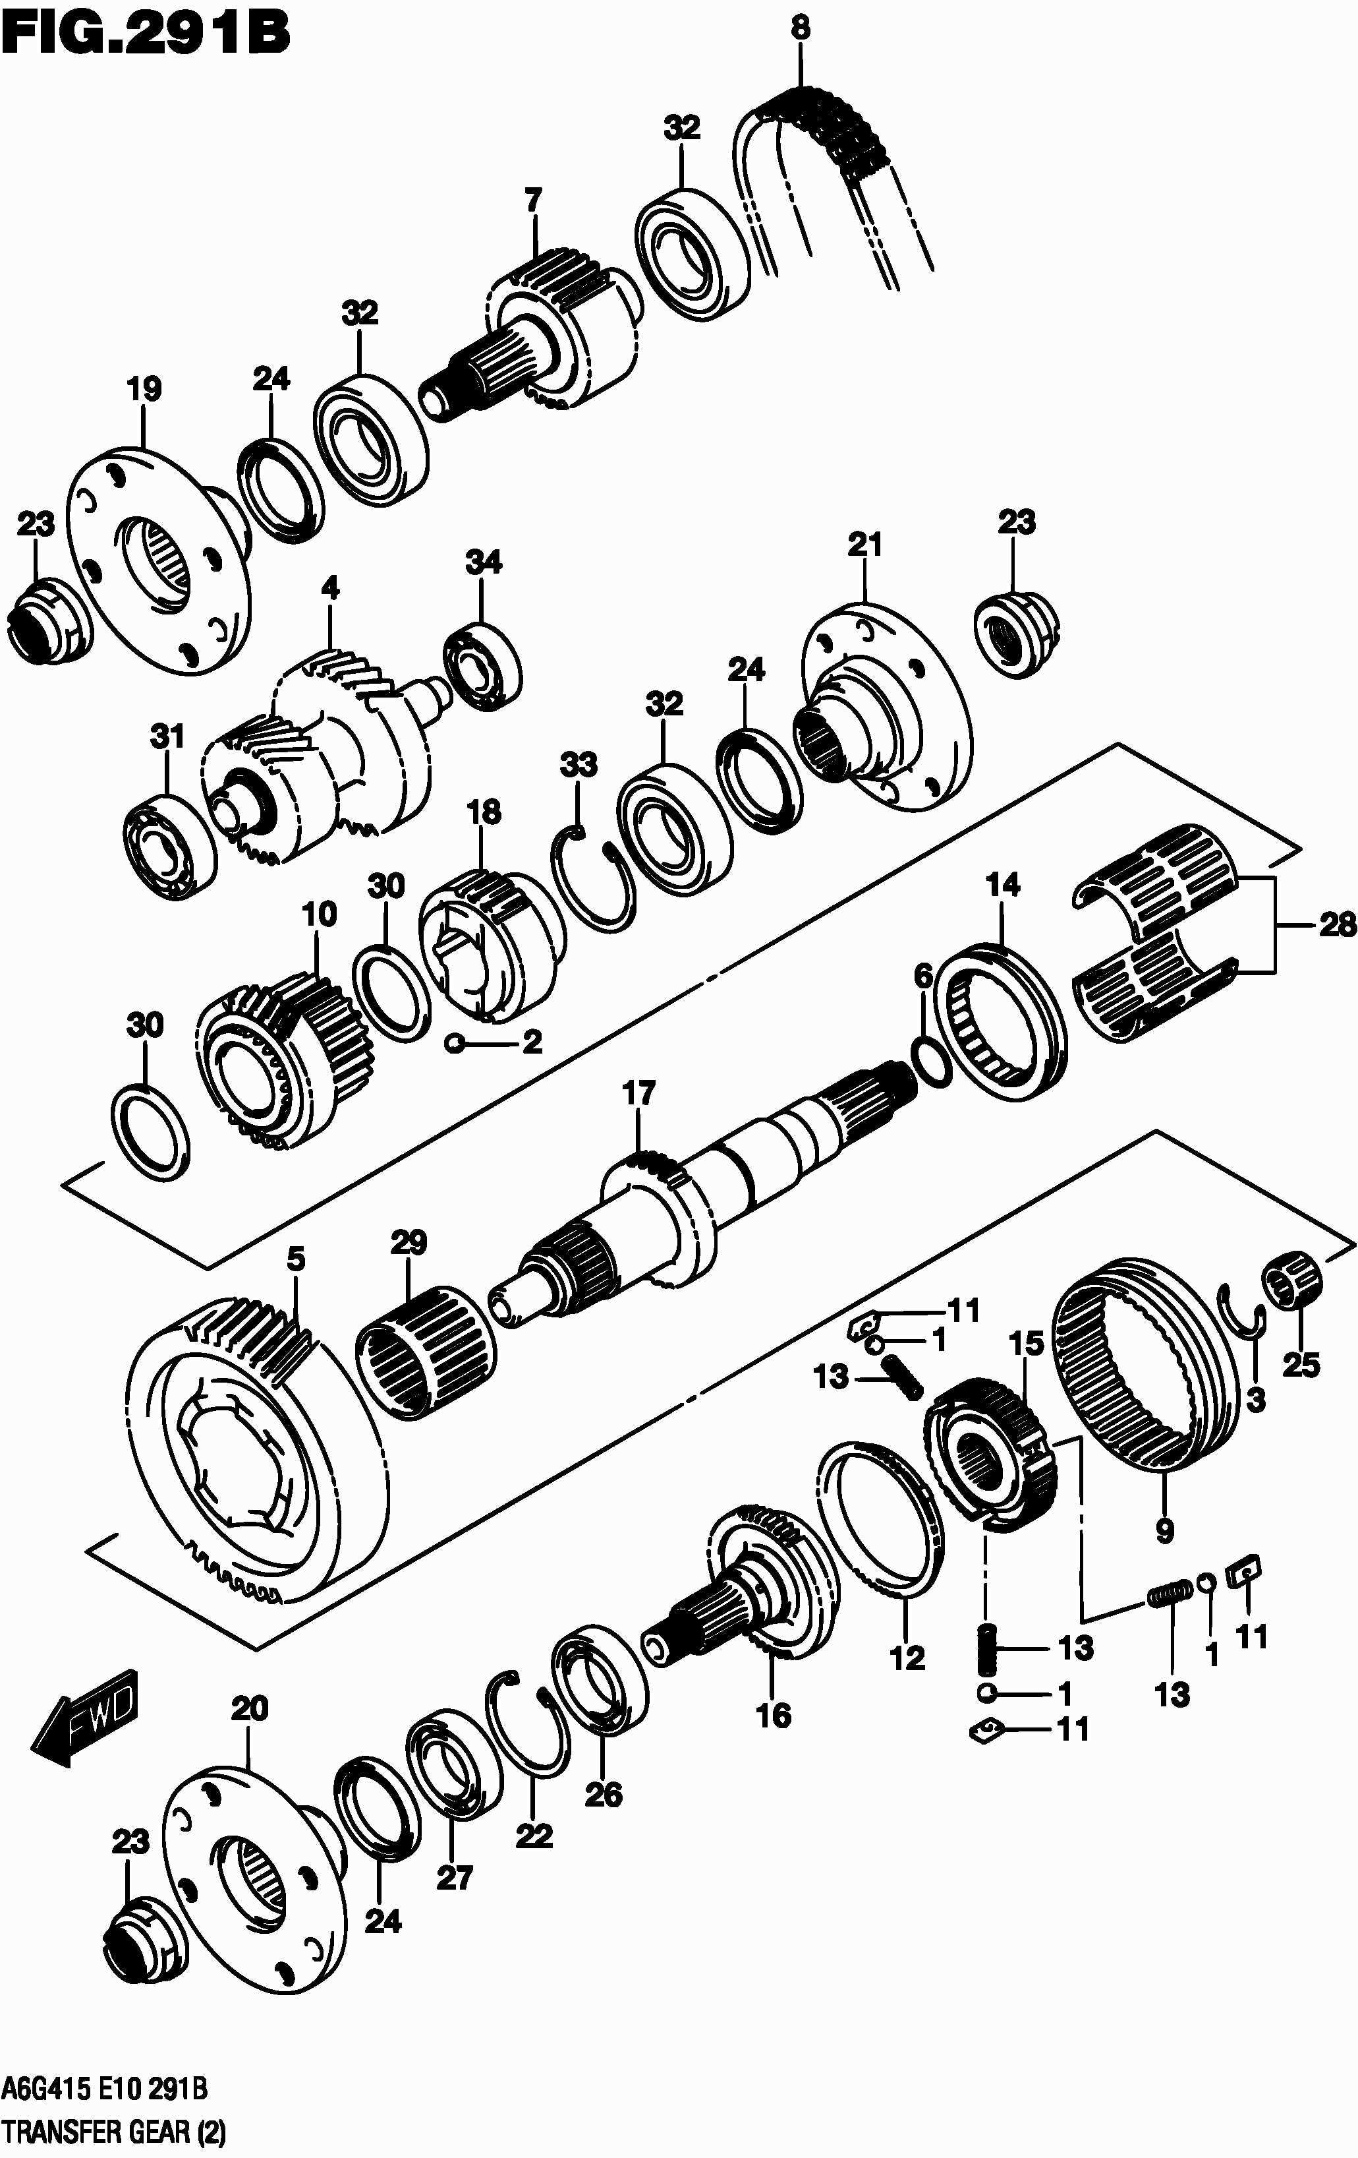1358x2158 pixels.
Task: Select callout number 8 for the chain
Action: [800, 28]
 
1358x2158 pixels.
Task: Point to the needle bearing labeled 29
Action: [426, 1356]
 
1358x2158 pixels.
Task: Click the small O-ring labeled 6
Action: [932, 1060]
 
